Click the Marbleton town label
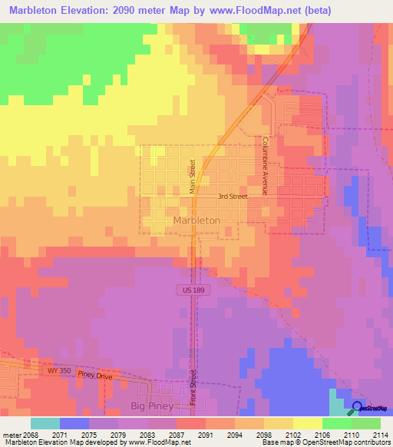click(196, 220)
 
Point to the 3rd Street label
click(232, 197)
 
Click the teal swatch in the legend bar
click(45, 423)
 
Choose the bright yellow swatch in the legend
click(307, 423)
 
